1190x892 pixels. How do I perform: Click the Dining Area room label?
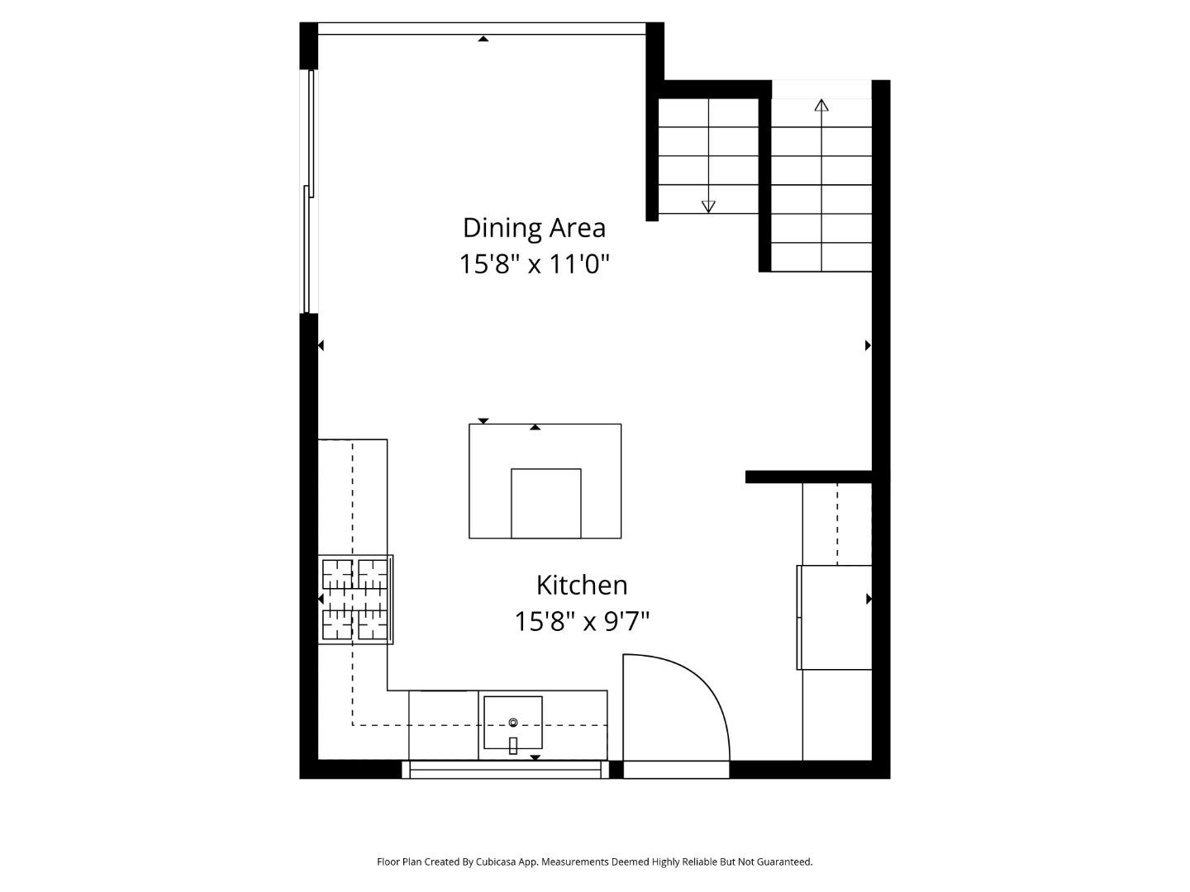(x=534, y=227)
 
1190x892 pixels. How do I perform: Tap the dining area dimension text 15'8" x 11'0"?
(x=534, y=264)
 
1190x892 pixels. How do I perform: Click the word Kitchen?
(x=582, y=585)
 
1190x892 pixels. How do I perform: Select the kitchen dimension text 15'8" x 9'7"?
(x=582, y=621)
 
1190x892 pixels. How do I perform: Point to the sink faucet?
(x=512, y=745)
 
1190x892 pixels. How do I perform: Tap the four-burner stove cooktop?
(x=355, y=600)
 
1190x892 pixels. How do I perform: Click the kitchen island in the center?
(x=545, y=446)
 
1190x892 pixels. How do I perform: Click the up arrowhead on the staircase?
(x=821, y=106)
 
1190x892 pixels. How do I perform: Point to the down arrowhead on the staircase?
(x=708, y=206)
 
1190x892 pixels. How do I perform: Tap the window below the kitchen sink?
(x=505, y=770)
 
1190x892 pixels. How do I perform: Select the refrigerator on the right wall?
(x=835, y=617)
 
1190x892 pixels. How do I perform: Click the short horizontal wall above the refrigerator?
(x=808, y=477)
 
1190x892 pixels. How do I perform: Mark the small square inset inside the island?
(x=545, y=503)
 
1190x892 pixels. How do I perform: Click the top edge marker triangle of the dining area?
(x=483, y=38)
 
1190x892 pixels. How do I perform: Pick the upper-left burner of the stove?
(x=336, y=573)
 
